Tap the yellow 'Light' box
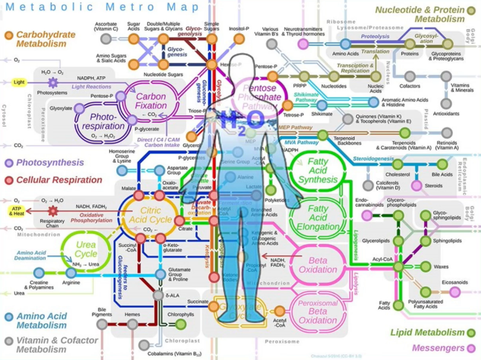(19, 82)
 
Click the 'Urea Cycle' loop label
(85, 249)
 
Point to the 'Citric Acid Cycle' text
(150, 214)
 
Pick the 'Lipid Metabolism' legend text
(427, 332)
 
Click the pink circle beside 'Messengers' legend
(471, 348)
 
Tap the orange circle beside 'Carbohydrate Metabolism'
(9, 35)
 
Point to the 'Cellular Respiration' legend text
(59, 180)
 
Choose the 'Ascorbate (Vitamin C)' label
(106, 27)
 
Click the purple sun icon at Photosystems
(53, 83)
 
